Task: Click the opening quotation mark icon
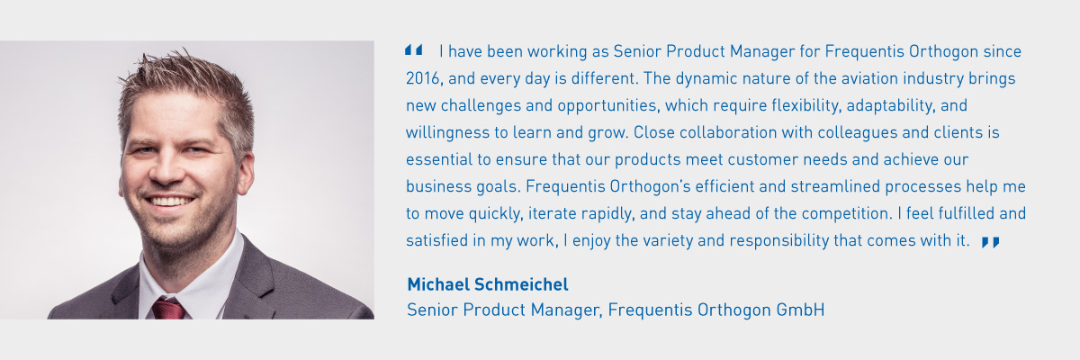pos(414,49)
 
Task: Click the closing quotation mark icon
pos(990,242)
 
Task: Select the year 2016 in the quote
pos(422,78)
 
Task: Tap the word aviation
pos(869,78)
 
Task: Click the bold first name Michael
pos(438,284)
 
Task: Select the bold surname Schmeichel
pos(521,284)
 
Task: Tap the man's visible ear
pos(246,175)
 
